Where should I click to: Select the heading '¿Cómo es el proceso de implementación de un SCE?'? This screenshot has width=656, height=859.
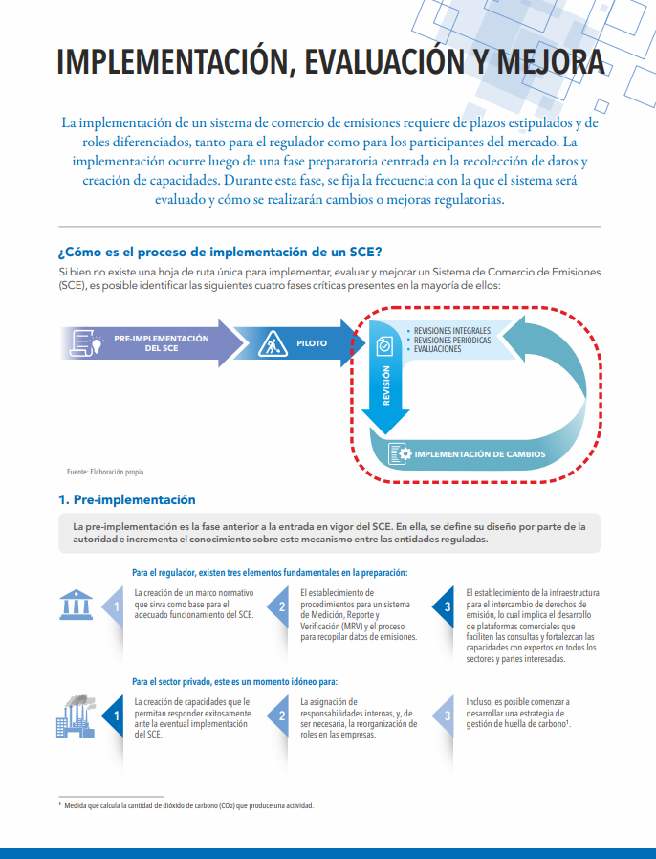click(220, 253)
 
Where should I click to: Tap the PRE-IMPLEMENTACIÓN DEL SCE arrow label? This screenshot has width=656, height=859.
click(161, 343)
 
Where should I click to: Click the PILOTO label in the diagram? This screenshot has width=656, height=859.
click(312, 342)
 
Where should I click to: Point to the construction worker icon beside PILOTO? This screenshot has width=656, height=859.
click(272, 342)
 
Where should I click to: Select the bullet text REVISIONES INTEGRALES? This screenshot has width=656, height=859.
click(452, 331)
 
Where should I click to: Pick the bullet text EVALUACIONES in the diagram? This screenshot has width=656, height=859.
click(437, 349)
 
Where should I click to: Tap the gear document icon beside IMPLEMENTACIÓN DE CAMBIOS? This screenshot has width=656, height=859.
click(400, 453)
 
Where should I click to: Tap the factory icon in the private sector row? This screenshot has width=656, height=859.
click(76, 716)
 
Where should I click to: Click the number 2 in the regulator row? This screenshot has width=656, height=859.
click(282, 606)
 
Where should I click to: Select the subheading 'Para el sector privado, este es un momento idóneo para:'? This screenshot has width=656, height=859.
click(235, 682)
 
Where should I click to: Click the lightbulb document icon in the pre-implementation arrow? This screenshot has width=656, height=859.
click(93, 342)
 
